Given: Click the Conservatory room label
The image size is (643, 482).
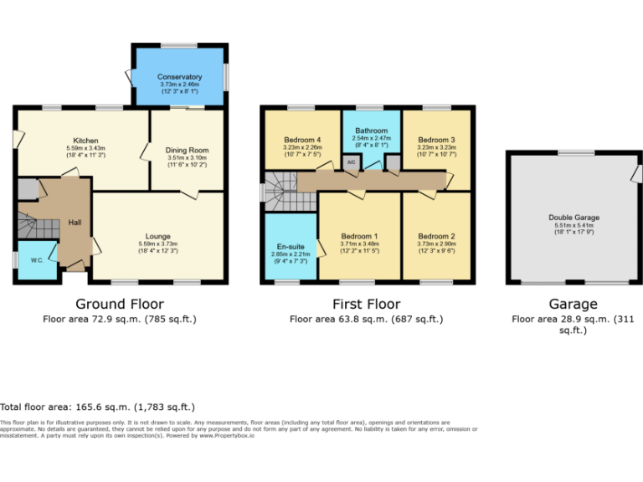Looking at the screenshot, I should point(180,77).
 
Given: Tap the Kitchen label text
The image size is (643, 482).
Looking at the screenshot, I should point(85,141).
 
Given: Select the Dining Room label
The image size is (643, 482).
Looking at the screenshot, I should point(186,150).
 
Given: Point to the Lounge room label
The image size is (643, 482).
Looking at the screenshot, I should point(158,235).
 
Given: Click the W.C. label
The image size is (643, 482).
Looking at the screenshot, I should point(37,259).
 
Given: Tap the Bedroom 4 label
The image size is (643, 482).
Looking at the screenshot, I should point(302,139).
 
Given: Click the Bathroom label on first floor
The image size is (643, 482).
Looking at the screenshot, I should point(371,131).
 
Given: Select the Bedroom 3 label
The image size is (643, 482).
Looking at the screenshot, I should point(436,139).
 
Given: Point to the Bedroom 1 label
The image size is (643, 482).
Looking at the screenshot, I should point(359,236).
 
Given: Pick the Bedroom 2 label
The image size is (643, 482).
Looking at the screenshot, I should point(436,236).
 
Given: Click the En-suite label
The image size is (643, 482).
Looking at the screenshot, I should point(290,246).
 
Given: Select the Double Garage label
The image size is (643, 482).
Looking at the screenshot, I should point(574,218).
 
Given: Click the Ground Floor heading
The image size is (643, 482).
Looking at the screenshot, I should point(120,304).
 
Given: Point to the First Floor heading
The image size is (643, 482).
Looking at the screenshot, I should point(366,304).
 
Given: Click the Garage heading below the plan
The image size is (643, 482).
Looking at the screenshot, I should point(574,304).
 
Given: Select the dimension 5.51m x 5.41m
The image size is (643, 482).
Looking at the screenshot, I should point(574,226).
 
